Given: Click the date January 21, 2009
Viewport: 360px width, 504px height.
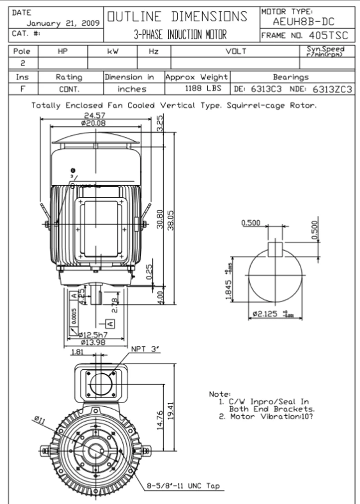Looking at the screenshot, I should tap(63, 23).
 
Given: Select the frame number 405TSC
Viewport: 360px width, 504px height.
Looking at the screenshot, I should tap(329, 35).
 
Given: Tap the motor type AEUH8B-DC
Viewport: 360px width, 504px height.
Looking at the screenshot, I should tap(303, 22).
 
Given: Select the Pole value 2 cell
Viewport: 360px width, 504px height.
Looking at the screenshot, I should tap(23, 63).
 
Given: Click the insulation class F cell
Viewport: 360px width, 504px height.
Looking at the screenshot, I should tap(23, 89).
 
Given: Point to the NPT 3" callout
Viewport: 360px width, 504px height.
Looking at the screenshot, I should tap(144, 349).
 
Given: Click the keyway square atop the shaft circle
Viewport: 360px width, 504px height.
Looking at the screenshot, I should tap(275, 249).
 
